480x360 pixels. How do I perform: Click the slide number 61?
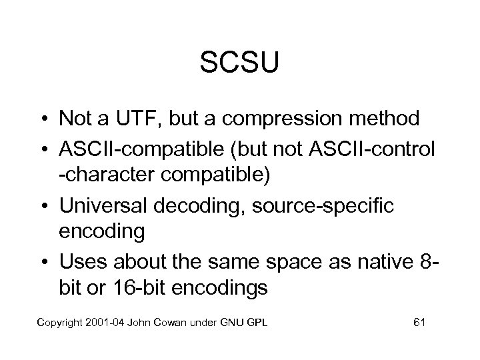coord(419,323)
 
